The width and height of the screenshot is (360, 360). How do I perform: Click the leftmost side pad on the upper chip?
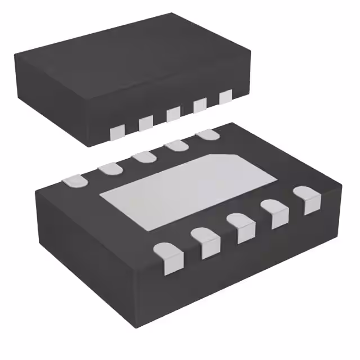(x=117, y=132)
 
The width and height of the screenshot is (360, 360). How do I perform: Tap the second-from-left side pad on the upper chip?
(x=146, y=122)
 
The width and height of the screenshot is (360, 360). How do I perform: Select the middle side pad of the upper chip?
(x=173, y=113)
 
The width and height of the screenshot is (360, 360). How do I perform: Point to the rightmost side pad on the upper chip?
(x=226, y=97)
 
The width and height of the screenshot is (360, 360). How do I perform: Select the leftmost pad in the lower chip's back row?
(x=74, y=181)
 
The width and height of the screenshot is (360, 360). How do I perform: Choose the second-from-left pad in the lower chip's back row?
(x=108, y=168)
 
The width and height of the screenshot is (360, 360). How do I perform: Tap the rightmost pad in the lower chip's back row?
(x=208, y=134)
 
